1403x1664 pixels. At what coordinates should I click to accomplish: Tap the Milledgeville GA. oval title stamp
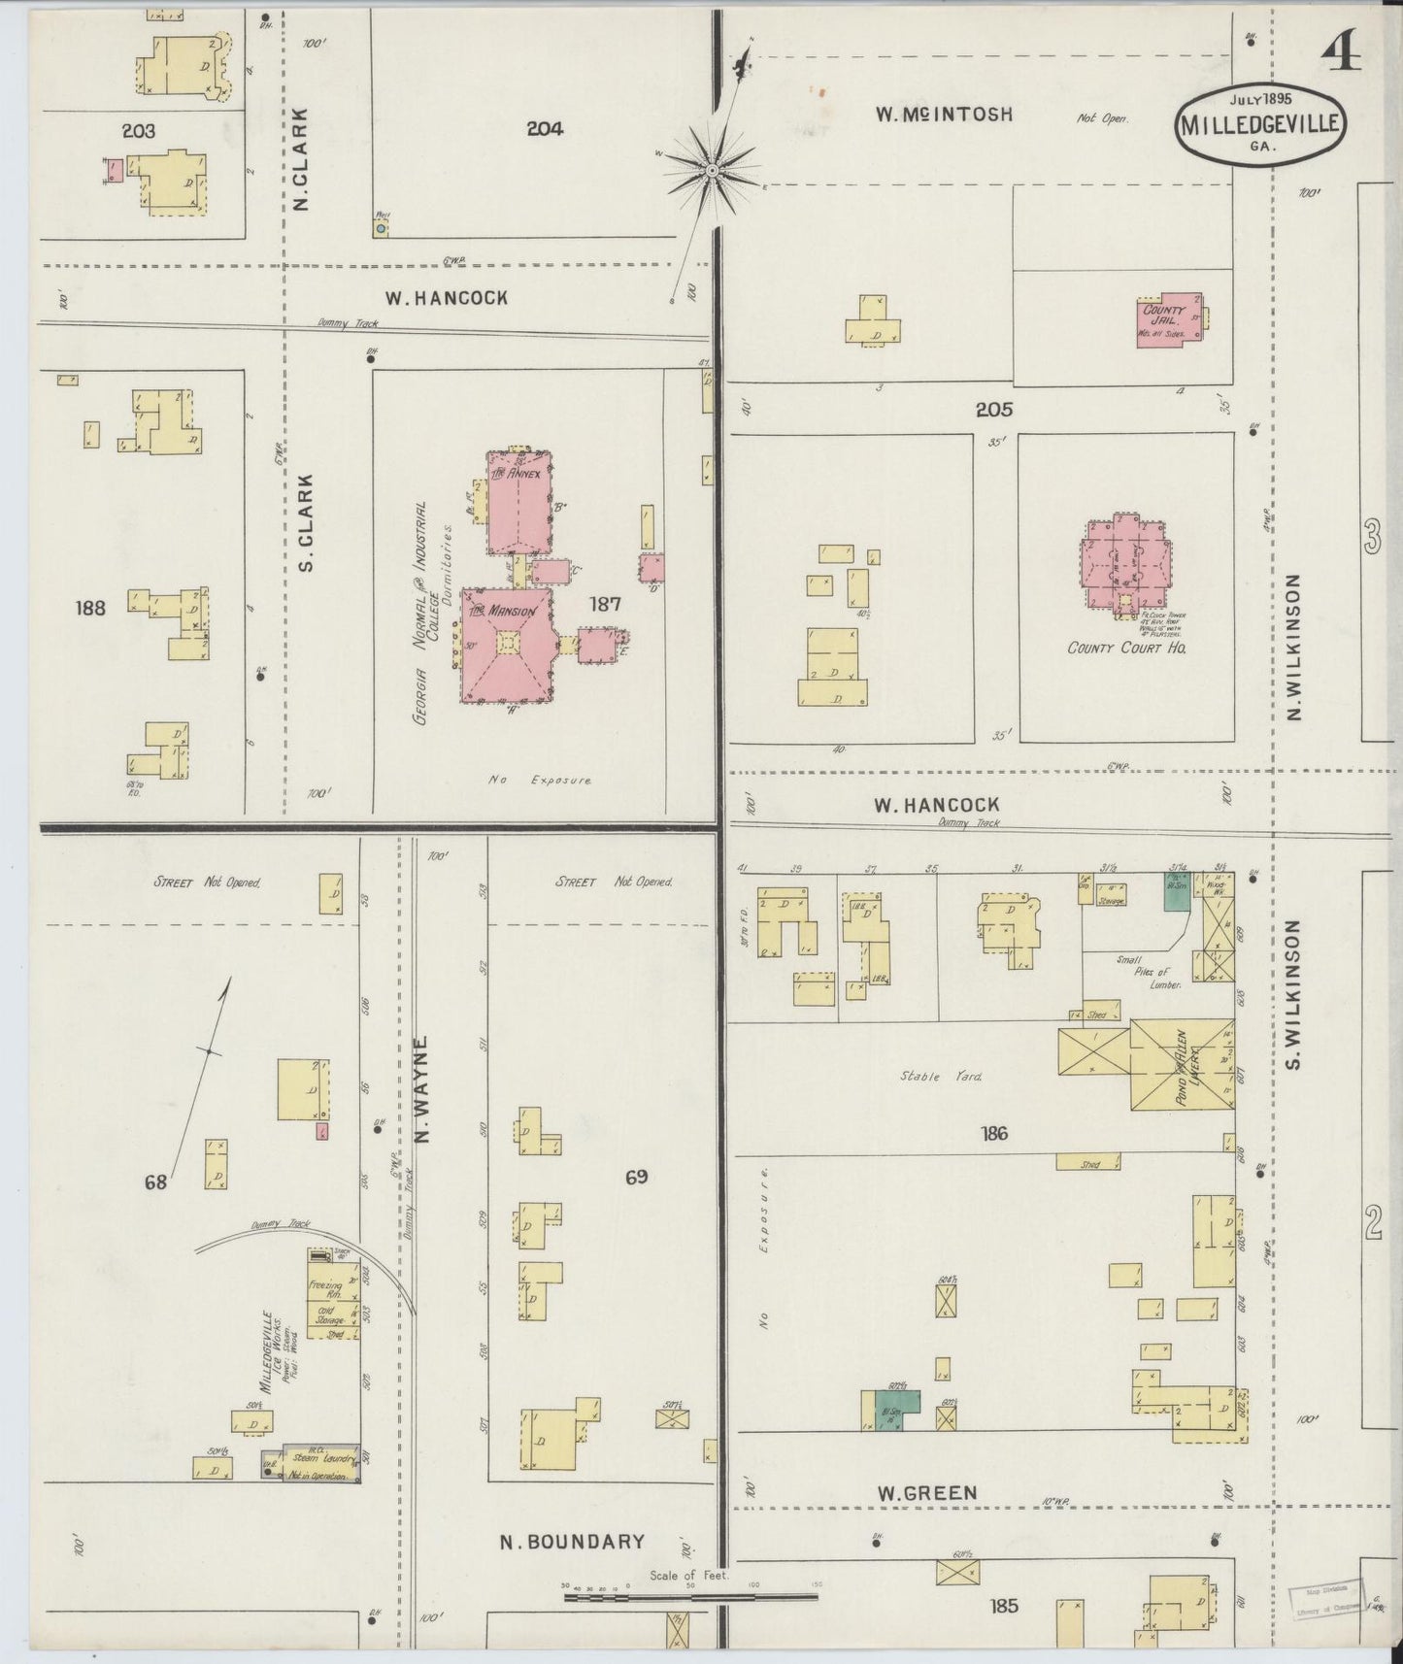pos(1261,125)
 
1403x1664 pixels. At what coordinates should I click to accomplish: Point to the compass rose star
pos(713,171)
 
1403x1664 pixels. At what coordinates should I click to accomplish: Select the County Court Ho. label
pos(1126,648)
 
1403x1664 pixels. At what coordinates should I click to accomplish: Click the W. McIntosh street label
pos(944,115)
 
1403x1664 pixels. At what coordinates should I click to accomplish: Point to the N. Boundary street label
pos(572,1541)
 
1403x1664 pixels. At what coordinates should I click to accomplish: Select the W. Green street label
pos(926,1492)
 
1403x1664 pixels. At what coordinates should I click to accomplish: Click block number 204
pos(545,127)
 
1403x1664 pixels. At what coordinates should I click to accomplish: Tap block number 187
pos(604,604)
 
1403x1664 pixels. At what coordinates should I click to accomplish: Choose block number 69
pos(636,1178)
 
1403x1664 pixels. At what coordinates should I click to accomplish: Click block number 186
pos(995,1133)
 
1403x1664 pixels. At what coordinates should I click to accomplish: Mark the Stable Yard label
pos(928,1076)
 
